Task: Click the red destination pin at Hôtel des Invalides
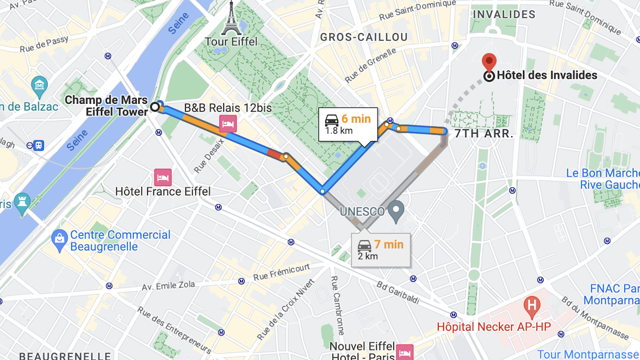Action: click(x=489, y=62)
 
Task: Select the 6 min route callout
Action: click(x=348, y=124)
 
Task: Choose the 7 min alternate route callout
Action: click(x=381, y=250)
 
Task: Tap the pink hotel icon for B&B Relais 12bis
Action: click(x=228, y=124)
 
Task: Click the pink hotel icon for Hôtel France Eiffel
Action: click(x=163, y=177)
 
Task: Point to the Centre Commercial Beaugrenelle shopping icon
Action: click(x=60, y=240)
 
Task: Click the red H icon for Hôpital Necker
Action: click(x=532, y=304)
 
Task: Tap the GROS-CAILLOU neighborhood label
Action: click(x=363, y=37)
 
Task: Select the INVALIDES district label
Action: click(x=504, y=14)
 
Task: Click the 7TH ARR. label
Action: click(x=484, y=134)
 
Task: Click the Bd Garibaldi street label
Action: click(x=398, y=292)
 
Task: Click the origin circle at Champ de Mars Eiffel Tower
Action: click(x=155, y=107)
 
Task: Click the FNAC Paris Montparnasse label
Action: click(x=613, y=294)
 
